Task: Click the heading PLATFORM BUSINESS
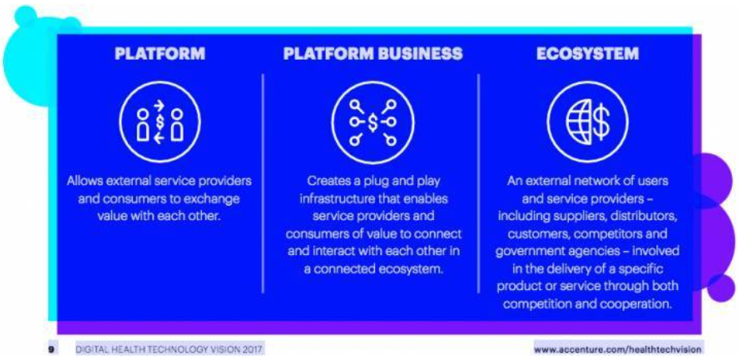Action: click(x=373, y=54)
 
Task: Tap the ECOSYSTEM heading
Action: click(x=588, y=54)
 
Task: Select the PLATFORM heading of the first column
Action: click(x=160, y=54)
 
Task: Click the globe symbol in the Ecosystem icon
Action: click(x=578, y=122)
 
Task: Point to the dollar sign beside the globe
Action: click(x=601, y=122)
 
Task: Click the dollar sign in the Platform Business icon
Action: click(x=373, y=122)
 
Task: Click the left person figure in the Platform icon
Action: click(x=143, y=125)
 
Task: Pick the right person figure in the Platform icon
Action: click(x=176, y=125)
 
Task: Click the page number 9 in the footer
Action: click(x=52, y=349)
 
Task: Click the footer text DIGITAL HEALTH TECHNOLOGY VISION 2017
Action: click(x=168, y=349)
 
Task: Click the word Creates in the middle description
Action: click(x=326, y=181)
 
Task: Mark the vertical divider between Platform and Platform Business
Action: click(x=262, y=184)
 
